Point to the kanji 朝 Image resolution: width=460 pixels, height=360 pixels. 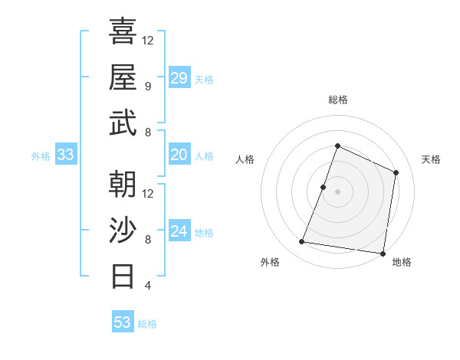(x=123, y=183)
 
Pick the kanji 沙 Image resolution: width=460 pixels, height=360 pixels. (x=123, y=229)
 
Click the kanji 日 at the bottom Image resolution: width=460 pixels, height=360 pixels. (x=123, y=275)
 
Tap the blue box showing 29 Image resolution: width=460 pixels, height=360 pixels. (x=179, y=78)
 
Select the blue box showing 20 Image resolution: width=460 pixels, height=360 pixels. (x=179, y=155)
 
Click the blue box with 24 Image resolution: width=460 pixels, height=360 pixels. (x=179, y=231)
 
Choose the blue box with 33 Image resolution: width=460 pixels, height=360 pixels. (x=65, y=155)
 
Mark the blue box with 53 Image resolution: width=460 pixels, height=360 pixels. (x=123, y=322)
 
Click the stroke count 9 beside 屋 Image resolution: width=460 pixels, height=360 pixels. (x=147, y=87)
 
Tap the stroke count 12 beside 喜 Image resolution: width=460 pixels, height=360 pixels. (x=148, y=40)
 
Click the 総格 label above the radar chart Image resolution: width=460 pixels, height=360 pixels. (x=337, y=100)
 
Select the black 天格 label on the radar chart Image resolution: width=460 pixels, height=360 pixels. (x=431, y=159)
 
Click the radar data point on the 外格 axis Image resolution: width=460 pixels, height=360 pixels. (x=302, y=242)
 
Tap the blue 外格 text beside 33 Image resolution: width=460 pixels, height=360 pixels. (x=41, y=156)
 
